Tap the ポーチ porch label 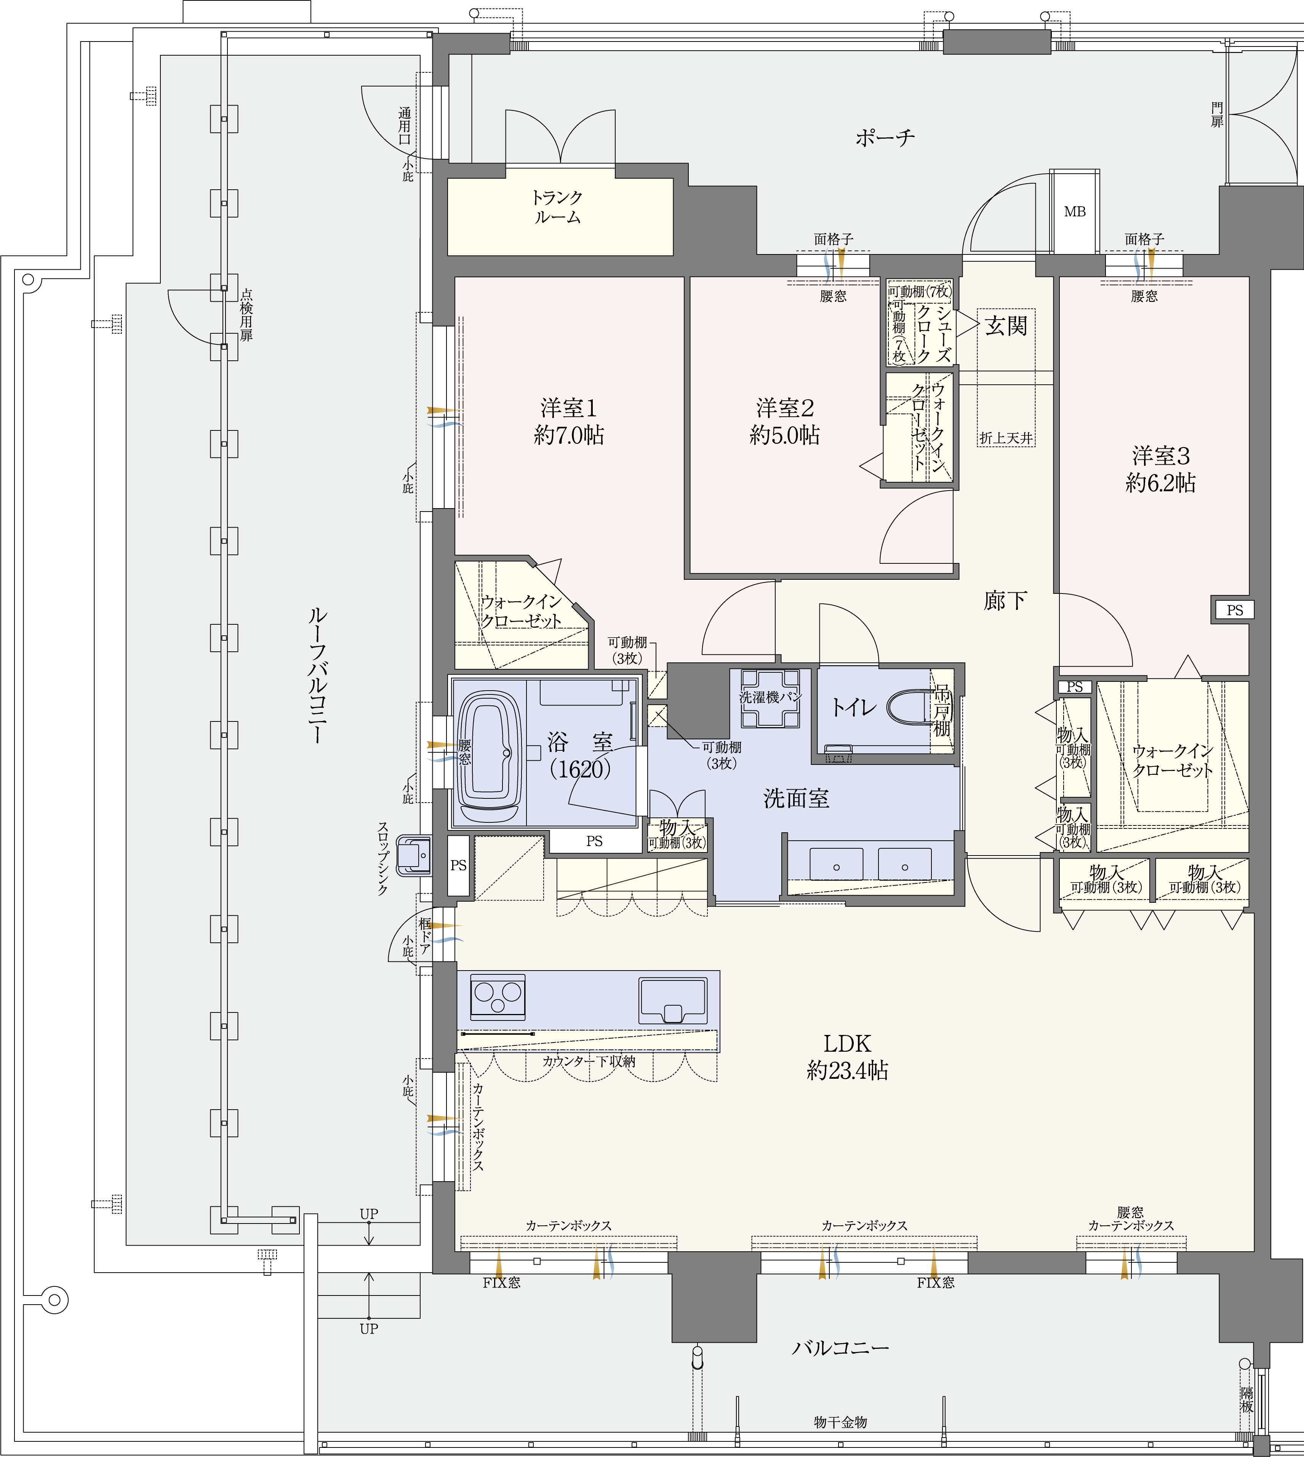pyautogui.click(x=885, y=137)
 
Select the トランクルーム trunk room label pyautogui.click(x=557, y=207)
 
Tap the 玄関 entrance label pyautogui.click(x=1006, y=326)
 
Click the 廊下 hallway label pyautogui.click(x=1005, y=600)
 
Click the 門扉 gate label pyautogui.click(x=1217, y=115)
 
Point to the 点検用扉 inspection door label pyautogui.click(x=246, y=315)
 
